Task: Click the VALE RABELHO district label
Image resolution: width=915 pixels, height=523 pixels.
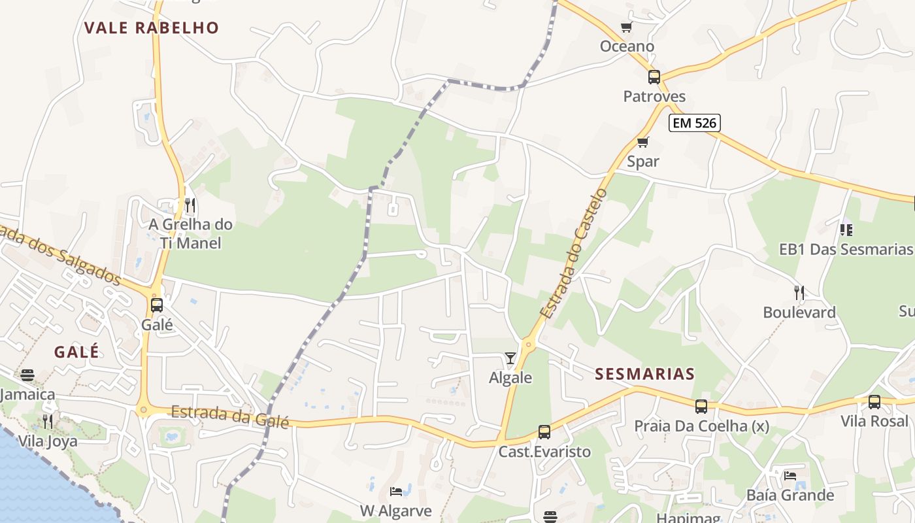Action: pos(151,27)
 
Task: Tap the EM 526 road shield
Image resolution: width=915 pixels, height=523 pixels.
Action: pos(694,122)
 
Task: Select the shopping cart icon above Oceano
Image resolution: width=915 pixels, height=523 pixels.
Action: pos(627,27)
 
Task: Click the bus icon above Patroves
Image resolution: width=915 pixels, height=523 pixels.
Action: pos(654,77)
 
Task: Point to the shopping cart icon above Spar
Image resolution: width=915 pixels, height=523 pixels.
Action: pos(643,142)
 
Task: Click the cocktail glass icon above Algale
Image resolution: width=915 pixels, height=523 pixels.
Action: pos(510,358)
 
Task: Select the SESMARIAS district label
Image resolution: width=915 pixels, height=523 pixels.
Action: pos(644,374)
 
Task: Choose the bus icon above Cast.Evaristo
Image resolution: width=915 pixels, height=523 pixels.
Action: pos(544,432)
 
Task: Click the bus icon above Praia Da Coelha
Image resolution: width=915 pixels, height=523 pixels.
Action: pos(701,407)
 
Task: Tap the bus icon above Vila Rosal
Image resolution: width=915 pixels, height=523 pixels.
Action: pos(874,402)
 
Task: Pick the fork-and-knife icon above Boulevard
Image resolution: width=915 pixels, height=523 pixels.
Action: pos(799,292)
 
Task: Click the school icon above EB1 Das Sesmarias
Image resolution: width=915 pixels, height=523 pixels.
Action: pos(846,229)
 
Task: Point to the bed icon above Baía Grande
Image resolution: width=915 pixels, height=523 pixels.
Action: pos(790,475)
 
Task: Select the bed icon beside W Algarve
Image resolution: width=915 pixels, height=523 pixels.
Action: pos(396,491)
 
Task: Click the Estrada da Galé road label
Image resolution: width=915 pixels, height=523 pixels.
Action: pos(229,416)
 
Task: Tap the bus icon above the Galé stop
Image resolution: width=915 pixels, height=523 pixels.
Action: pos(157,305)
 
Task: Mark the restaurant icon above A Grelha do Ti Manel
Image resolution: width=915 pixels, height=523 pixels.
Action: pos(190,205)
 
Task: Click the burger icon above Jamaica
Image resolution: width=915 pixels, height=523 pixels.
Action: pos(27,375)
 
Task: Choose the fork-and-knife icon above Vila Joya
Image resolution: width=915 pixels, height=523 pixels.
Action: pos(47,420)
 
